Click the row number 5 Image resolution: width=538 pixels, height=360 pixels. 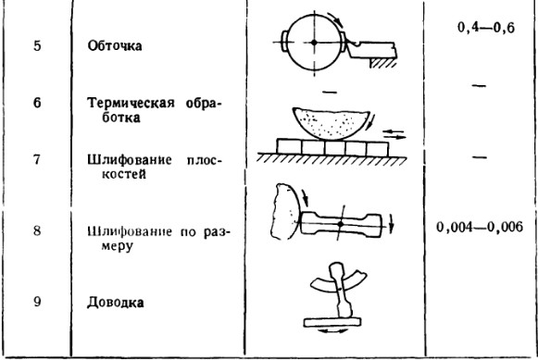[x=37, y=46]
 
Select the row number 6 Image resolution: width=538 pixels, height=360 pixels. [x=37, y=103]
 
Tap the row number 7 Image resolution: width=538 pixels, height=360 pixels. [x=37, y=160]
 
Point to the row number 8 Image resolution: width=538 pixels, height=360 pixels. [x=37, y=230]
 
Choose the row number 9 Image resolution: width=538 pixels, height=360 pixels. [x=37, y=302]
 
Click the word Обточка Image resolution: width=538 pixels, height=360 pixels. [x=115, y=46]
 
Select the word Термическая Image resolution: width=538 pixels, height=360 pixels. [x=131, y=103]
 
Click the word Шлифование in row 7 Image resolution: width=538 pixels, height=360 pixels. [x=130, y=160]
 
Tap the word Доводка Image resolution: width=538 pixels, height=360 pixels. [x=115, y=303]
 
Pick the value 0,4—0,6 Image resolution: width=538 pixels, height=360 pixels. [x=486, y=28]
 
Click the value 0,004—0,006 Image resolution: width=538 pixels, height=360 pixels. [x=480, y=227]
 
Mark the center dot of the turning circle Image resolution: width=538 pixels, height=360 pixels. [x=314, y=43]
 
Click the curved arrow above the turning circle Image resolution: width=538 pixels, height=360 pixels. [x=336, y=19]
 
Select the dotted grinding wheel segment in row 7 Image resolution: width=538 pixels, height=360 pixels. [x=331, y=124]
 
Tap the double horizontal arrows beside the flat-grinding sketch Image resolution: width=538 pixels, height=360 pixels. [x=394, y=134]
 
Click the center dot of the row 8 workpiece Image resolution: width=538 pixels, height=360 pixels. [x=341, y=224]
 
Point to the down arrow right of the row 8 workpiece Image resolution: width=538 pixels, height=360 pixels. [x=391, y=225]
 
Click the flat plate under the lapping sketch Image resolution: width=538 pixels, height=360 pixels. [x=332, y=322]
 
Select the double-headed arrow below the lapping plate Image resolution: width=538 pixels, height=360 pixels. [x=332, y=331]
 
